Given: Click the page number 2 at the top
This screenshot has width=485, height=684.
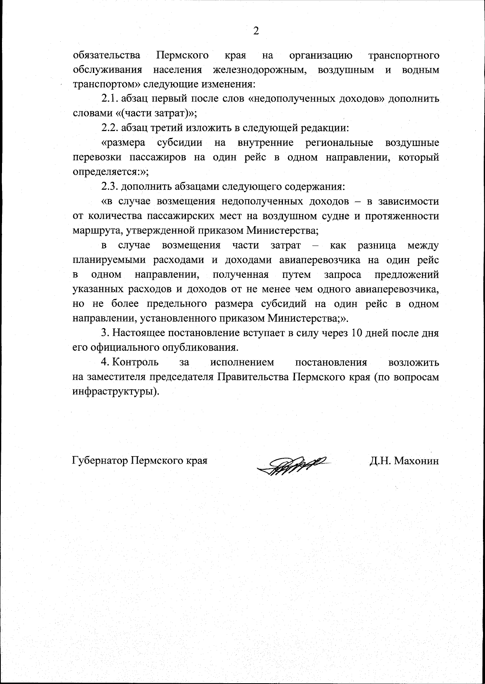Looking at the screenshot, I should (255, 31).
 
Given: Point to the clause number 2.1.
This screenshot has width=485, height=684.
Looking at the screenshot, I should (109, 99).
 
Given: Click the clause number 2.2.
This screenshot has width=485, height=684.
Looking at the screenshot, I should (109, 128).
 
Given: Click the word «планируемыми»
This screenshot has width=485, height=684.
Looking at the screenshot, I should (105, 260).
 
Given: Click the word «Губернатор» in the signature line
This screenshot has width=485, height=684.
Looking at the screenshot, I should (100, 461).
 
